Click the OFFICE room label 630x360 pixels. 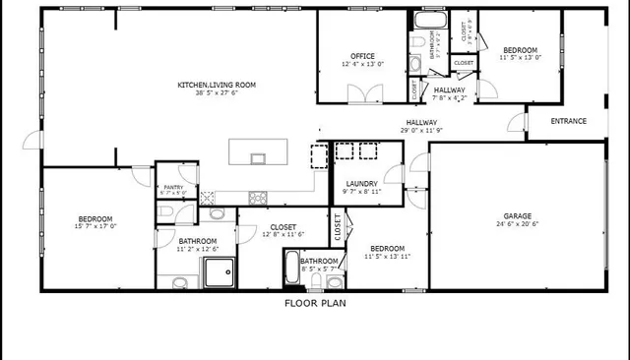pyautogui.click(x=362, y=55)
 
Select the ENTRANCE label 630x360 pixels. pyautogui.click(x=568, y=122)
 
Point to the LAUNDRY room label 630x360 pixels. pyautogui.click(x=362, y=183)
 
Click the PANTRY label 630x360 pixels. pyautogui.click(x=173, y=187)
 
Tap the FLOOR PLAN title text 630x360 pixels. pyautogui.click(x=315, y=303)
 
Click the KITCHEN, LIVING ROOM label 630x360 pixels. pyautogui.click(x=216, y=86)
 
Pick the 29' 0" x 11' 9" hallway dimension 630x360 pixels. pyautogui.click(x=422, y=130)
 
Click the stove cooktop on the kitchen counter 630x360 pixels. pyautogui.click(x=259, y=195)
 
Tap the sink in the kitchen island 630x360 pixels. pyautogui.click(x=259, y=157)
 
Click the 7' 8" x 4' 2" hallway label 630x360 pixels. pyautogui.click(x=450, y=97)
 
